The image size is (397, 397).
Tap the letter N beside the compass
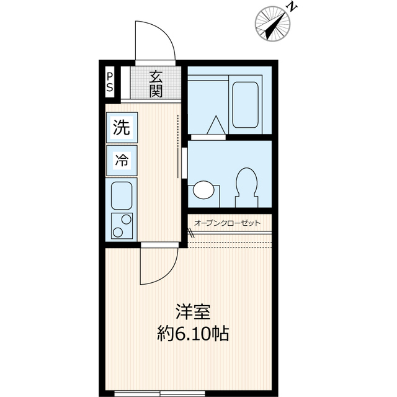coord(292,7)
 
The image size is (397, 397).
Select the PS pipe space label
coord(110,82)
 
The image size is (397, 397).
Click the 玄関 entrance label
coord(156,84)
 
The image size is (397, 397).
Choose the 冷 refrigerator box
coord(121,159)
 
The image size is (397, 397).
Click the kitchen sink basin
coord(121,195)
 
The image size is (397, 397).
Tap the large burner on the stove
coord(127,219)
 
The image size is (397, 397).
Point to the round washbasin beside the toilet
coord(203,189)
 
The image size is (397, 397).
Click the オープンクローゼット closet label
coord(227,223)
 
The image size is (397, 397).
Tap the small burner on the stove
coord(118,232)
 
